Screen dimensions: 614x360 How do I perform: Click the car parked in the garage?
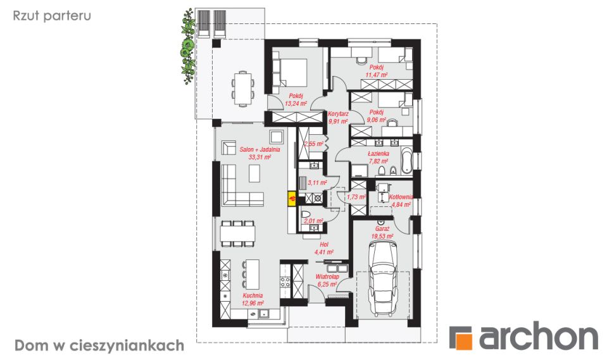click(384, 278)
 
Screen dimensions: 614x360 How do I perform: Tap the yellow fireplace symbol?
click(292, 199)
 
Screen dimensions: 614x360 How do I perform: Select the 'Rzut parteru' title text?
click(52, 16)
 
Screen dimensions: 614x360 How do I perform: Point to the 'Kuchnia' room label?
click(253, 296)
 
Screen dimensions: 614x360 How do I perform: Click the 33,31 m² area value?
click(260, 158)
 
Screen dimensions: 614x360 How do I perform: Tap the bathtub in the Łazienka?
click(406, 161)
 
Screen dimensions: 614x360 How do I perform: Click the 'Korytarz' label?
click(338, 114)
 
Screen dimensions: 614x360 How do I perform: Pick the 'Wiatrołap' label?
click(327, 277)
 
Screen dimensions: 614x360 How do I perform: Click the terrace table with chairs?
click(243, 88)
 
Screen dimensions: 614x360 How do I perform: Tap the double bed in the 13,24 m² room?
click(290, 73)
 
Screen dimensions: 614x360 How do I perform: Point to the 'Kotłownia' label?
click(401, 197)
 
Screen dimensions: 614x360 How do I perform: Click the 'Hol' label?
click(324, 245)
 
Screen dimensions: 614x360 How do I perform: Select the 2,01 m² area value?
click(314, 221)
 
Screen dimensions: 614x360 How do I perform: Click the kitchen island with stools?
click(250, 274)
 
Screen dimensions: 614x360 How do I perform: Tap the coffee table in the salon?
click(254, 173)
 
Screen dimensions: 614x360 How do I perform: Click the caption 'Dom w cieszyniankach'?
click(99, 346)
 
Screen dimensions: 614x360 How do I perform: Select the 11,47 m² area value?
click(376, 75)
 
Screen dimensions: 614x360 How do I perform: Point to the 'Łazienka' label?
click(379, 154)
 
